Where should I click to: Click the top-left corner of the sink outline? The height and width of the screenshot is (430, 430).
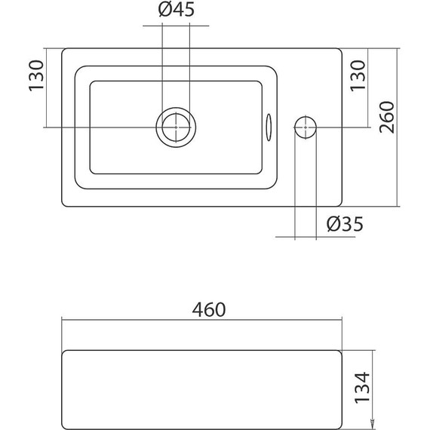point(62,50)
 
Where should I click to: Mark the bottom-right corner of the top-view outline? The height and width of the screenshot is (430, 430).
point(342,206)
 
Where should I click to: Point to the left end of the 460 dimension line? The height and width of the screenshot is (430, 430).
point(62,321)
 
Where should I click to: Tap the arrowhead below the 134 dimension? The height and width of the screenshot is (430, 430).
point(370,422)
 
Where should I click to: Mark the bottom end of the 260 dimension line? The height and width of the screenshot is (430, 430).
point(398,207)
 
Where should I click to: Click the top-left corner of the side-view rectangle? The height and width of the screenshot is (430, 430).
point(63,351)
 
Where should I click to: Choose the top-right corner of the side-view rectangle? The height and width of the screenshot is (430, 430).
point(342,351)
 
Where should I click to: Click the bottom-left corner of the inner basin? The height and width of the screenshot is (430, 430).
point(91,174)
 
